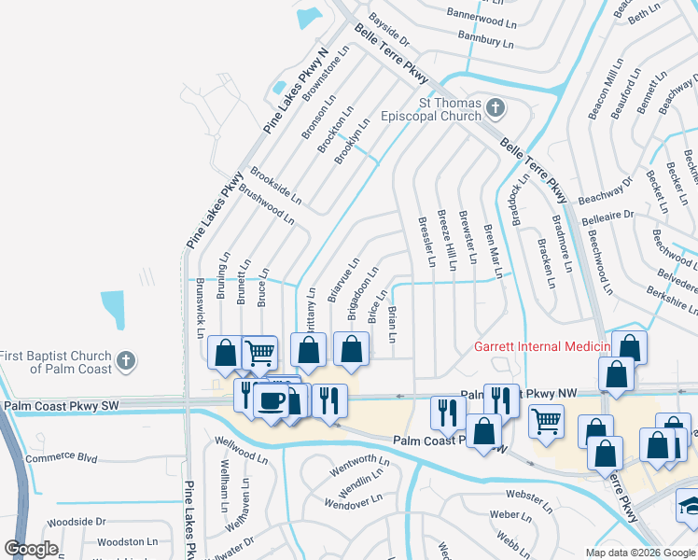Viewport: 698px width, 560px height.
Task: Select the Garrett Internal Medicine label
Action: pyautogui.click(x=541, y=346)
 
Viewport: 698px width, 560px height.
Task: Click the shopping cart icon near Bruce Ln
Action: pyautogui.click(x=258, y=352)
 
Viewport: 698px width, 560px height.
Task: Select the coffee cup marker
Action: pyautogui.click(x=271, y=400)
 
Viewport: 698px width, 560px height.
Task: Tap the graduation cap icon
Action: pyautogui.click(x=690, y=505)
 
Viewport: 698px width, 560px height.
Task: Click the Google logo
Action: pyautogui.click(x=31, y=549)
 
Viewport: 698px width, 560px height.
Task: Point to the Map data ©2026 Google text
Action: pyautogui.click(x=639, y=553)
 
